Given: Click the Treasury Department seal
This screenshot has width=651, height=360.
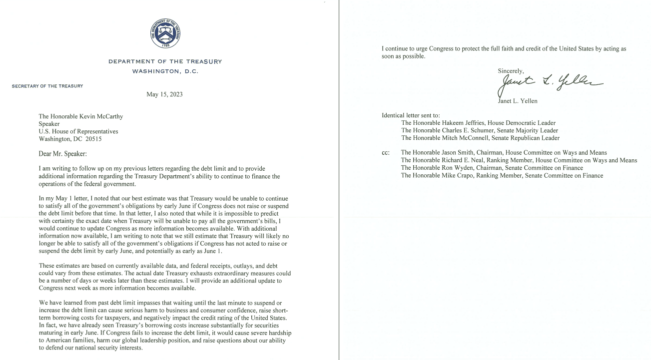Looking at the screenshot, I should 165,33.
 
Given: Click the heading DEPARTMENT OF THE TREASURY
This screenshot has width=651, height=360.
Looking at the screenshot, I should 165,61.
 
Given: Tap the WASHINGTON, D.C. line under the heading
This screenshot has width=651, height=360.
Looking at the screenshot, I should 165,71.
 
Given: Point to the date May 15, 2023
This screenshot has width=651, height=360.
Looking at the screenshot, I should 164,94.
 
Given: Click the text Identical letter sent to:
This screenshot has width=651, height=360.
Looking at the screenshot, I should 411,115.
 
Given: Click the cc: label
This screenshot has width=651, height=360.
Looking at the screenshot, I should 385,153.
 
